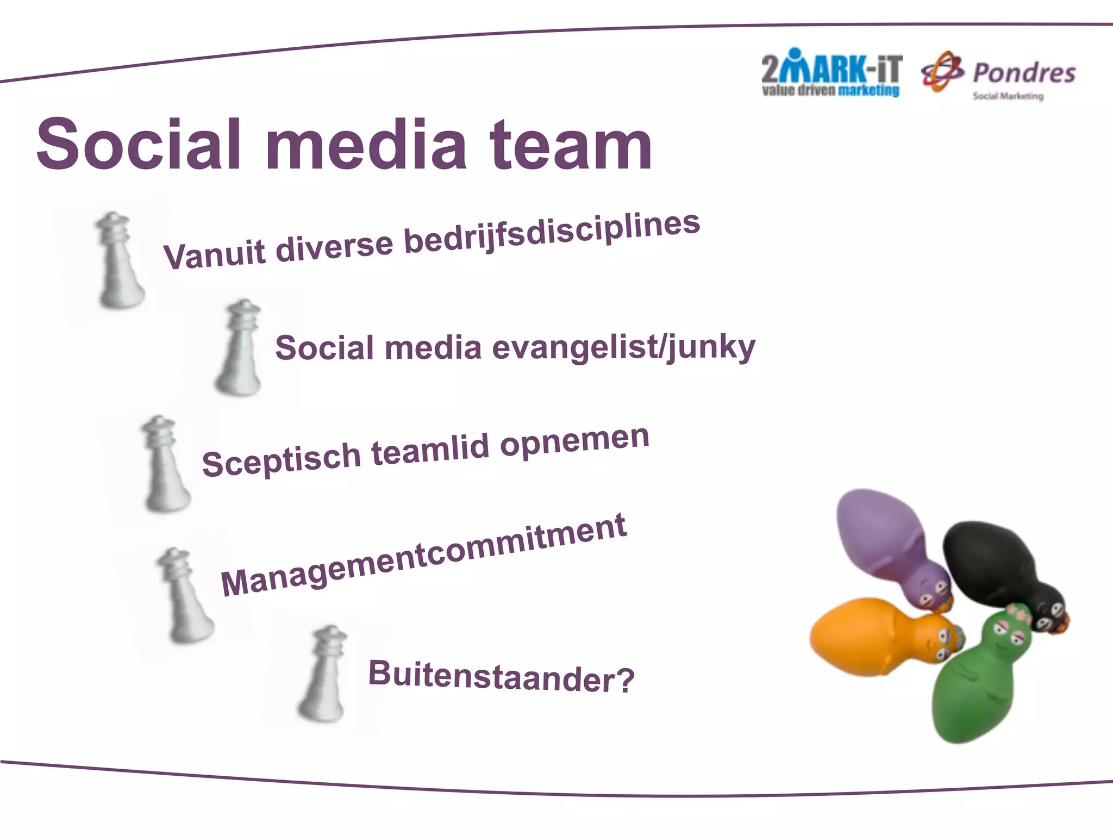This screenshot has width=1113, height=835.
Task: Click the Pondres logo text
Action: [1024, 73]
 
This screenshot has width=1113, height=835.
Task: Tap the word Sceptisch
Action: [281, 459]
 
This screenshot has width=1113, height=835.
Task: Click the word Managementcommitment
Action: [424, 554]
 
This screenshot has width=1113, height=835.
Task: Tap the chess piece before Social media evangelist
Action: [240, 348]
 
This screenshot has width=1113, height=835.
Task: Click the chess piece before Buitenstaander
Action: [324, 674]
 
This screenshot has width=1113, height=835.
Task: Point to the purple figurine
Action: [886, 538]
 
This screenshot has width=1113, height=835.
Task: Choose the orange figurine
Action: [870, 636]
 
